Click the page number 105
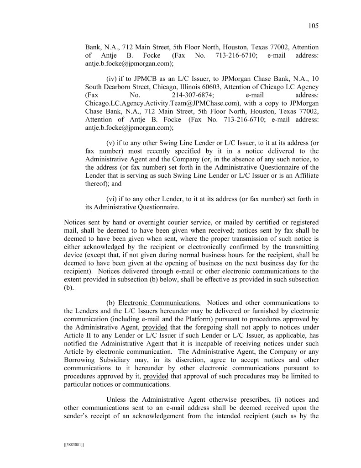tap(313, 26)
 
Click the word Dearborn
tap(120, 87)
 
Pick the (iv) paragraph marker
tap(112, 78)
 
